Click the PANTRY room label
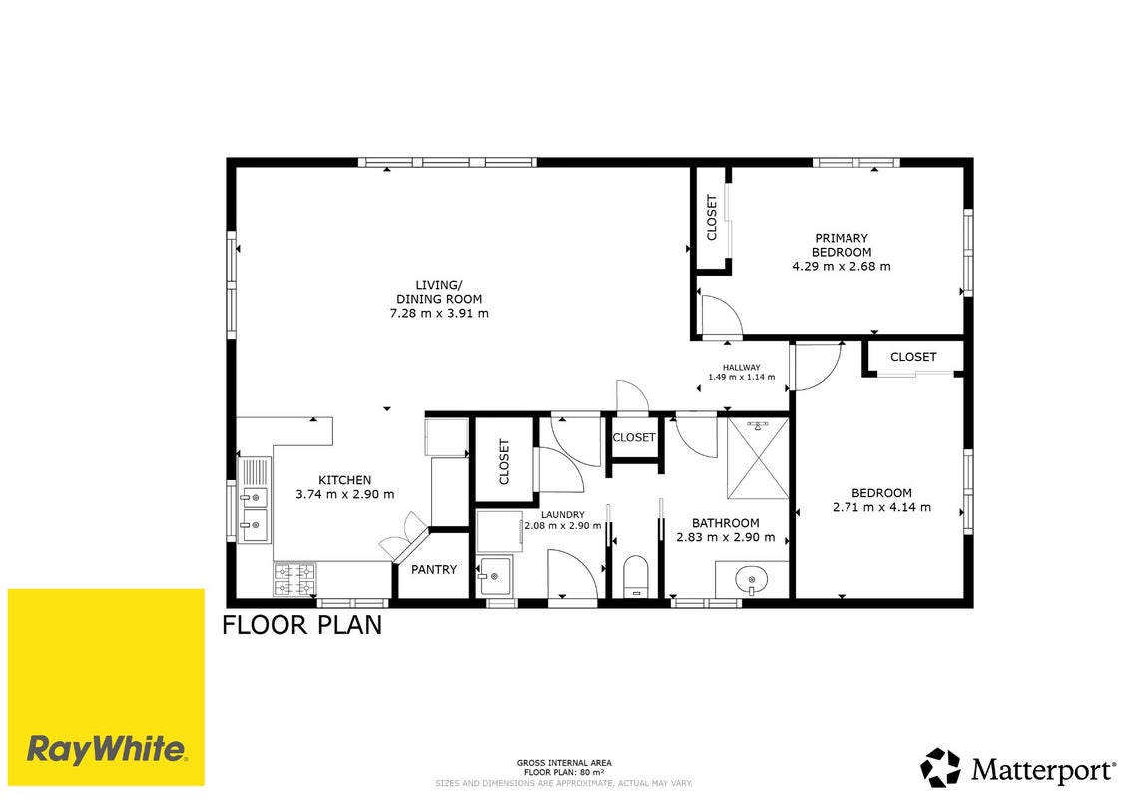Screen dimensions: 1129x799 pos(434,570)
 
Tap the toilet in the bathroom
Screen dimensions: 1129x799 pos(636,577)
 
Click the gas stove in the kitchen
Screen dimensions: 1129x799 pos(294,580)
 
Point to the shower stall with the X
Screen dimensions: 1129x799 pos(758,458)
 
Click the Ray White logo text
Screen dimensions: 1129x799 pos(107,750)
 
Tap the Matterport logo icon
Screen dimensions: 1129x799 pos(940,768)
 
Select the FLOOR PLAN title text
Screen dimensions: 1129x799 pos(301,625)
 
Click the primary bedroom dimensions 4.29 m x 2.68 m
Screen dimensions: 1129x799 pos(841,266)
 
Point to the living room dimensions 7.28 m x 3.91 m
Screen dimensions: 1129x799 pos(439,314)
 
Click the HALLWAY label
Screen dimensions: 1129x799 pos(742,367)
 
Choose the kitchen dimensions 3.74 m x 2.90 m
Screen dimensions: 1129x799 pos(345,495)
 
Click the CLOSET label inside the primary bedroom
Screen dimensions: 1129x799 pos(712,217)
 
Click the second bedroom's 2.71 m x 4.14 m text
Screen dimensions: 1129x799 pos(882,508)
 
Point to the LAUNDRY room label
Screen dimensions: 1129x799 pos(563,515)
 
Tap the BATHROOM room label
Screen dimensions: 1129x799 pos(726,523)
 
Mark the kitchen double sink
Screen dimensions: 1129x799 pos(254,500)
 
